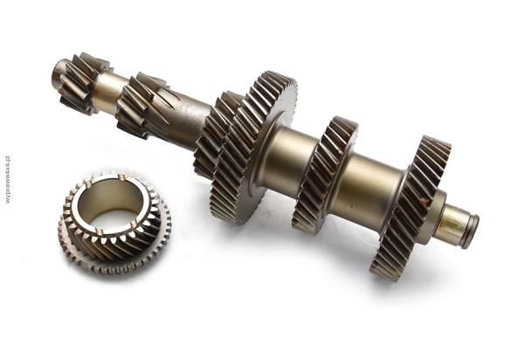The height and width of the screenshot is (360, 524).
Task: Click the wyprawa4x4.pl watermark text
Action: point(7,179)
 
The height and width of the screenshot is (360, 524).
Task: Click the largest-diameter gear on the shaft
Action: point(254,147)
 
